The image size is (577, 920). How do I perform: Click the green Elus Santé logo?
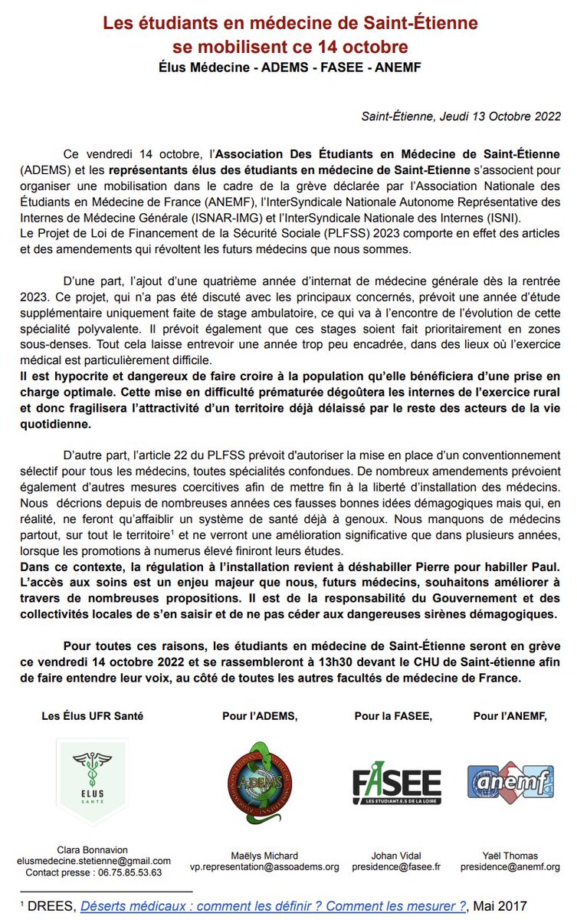click(x=93, y=781)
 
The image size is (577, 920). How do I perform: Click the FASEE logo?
click(x=396, y=783)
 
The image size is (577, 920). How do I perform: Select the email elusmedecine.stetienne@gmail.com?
click(x=93, y=861)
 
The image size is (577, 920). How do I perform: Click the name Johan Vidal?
click(x=396, y=856)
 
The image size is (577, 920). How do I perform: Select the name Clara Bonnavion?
click(x=93, y=849)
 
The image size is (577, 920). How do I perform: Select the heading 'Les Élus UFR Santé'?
click(x=93, y=716)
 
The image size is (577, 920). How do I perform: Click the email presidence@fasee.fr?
click(x=396, y=866)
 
